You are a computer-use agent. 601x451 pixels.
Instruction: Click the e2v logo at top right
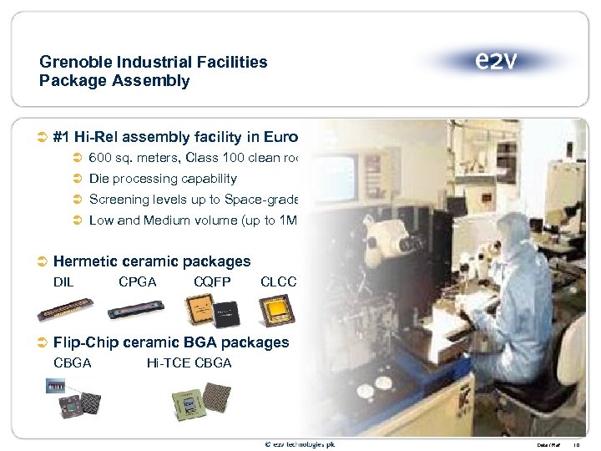496,61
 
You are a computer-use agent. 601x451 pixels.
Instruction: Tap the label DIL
63,282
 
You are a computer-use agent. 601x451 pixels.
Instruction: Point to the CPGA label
138,282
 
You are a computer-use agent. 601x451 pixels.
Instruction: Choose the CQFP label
212,282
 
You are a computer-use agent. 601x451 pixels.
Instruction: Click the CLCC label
279,282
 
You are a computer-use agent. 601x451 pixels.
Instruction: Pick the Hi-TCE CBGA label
189,362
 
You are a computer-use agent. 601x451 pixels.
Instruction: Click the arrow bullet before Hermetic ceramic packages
43,262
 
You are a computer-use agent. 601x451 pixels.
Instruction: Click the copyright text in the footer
300,443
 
